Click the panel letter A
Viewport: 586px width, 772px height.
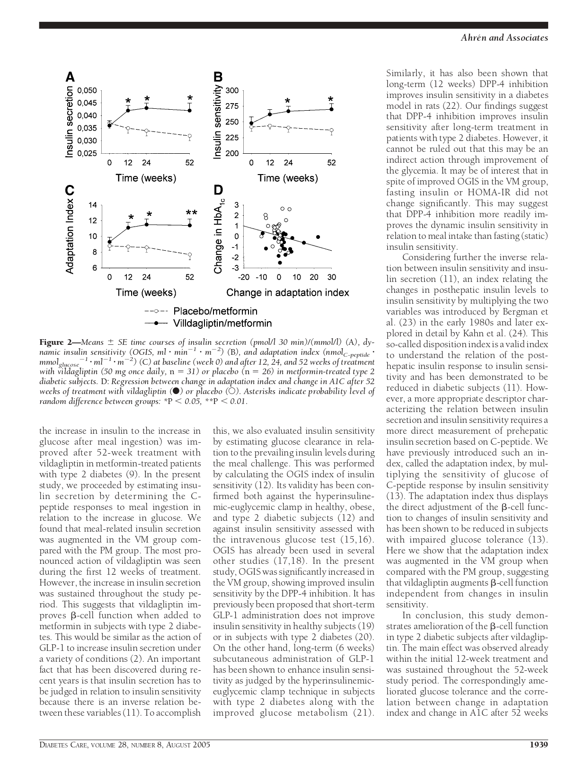point(70,77)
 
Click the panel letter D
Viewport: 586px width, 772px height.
point(218,190)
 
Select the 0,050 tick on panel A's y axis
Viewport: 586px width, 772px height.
point(87,90)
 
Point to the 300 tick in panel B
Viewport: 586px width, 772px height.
point(232,90)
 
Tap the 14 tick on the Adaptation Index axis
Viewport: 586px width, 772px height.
point(92,205)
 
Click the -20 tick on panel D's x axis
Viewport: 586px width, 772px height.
point(243,277)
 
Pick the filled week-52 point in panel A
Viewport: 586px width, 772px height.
point(190,110)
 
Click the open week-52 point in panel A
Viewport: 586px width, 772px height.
point(190,136)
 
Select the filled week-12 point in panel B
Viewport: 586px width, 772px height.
point(270,114)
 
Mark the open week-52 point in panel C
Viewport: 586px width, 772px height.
point(190,255)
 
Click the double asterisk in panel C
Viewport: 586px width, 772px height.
point(192,214)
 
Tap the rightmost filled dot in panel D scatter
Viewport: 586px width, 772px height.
point(318,237)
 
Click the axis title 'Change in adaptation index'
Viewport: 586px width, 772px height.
point(287,292)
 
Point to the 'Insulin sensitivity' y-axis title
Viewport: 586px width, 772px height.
point(218,122)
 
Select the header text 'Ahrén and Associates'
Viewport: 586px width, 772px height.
point(504,38)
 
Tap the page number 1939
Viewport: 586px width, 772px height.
point(538,745)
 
